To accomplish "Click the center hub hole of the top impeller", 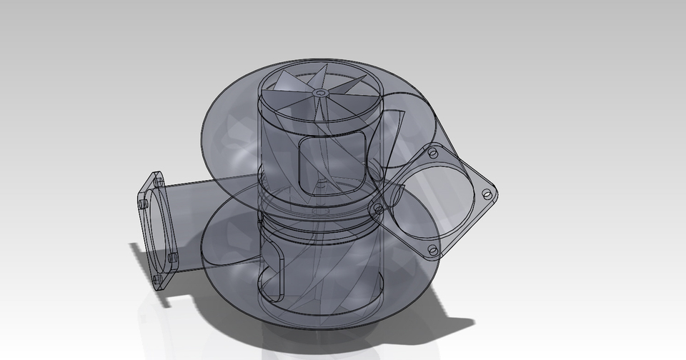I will (319, 93).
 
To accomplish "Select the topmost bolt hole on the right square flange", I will (432, 154).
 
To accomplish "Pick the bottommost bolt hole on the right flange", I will (433, 250).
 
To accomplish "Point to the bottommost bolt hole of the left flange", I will (157, 279).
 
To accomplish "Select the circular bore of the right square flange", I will (432, 201).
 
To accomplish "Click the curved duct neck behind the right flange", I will (393, 136).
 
